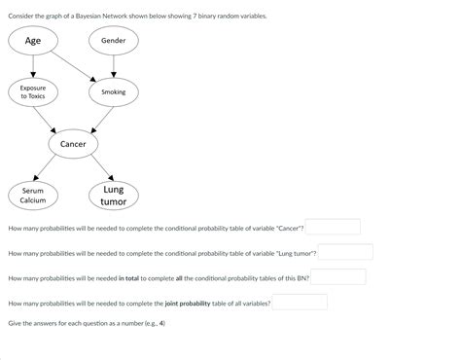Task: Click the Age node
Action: (33, 40)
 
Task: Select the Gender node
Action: (114, 40)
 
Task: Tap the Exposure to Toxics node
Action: (33, 91)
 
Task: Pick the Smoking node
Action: (114, 91)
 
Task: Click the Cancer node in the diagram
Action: (73, 144)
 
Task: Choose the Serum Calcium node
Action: (33, 196)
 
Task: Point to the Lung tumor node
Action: (114, 196)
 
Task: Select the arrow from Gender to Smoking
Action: (114, 65)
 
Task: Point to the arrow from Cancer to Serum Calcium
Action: (51, 170)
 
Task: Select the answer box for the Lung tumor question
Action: (345, 252)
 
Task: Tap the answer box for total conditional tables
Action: (337, 277)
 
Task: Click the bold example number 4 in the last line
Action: (161, 323)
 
